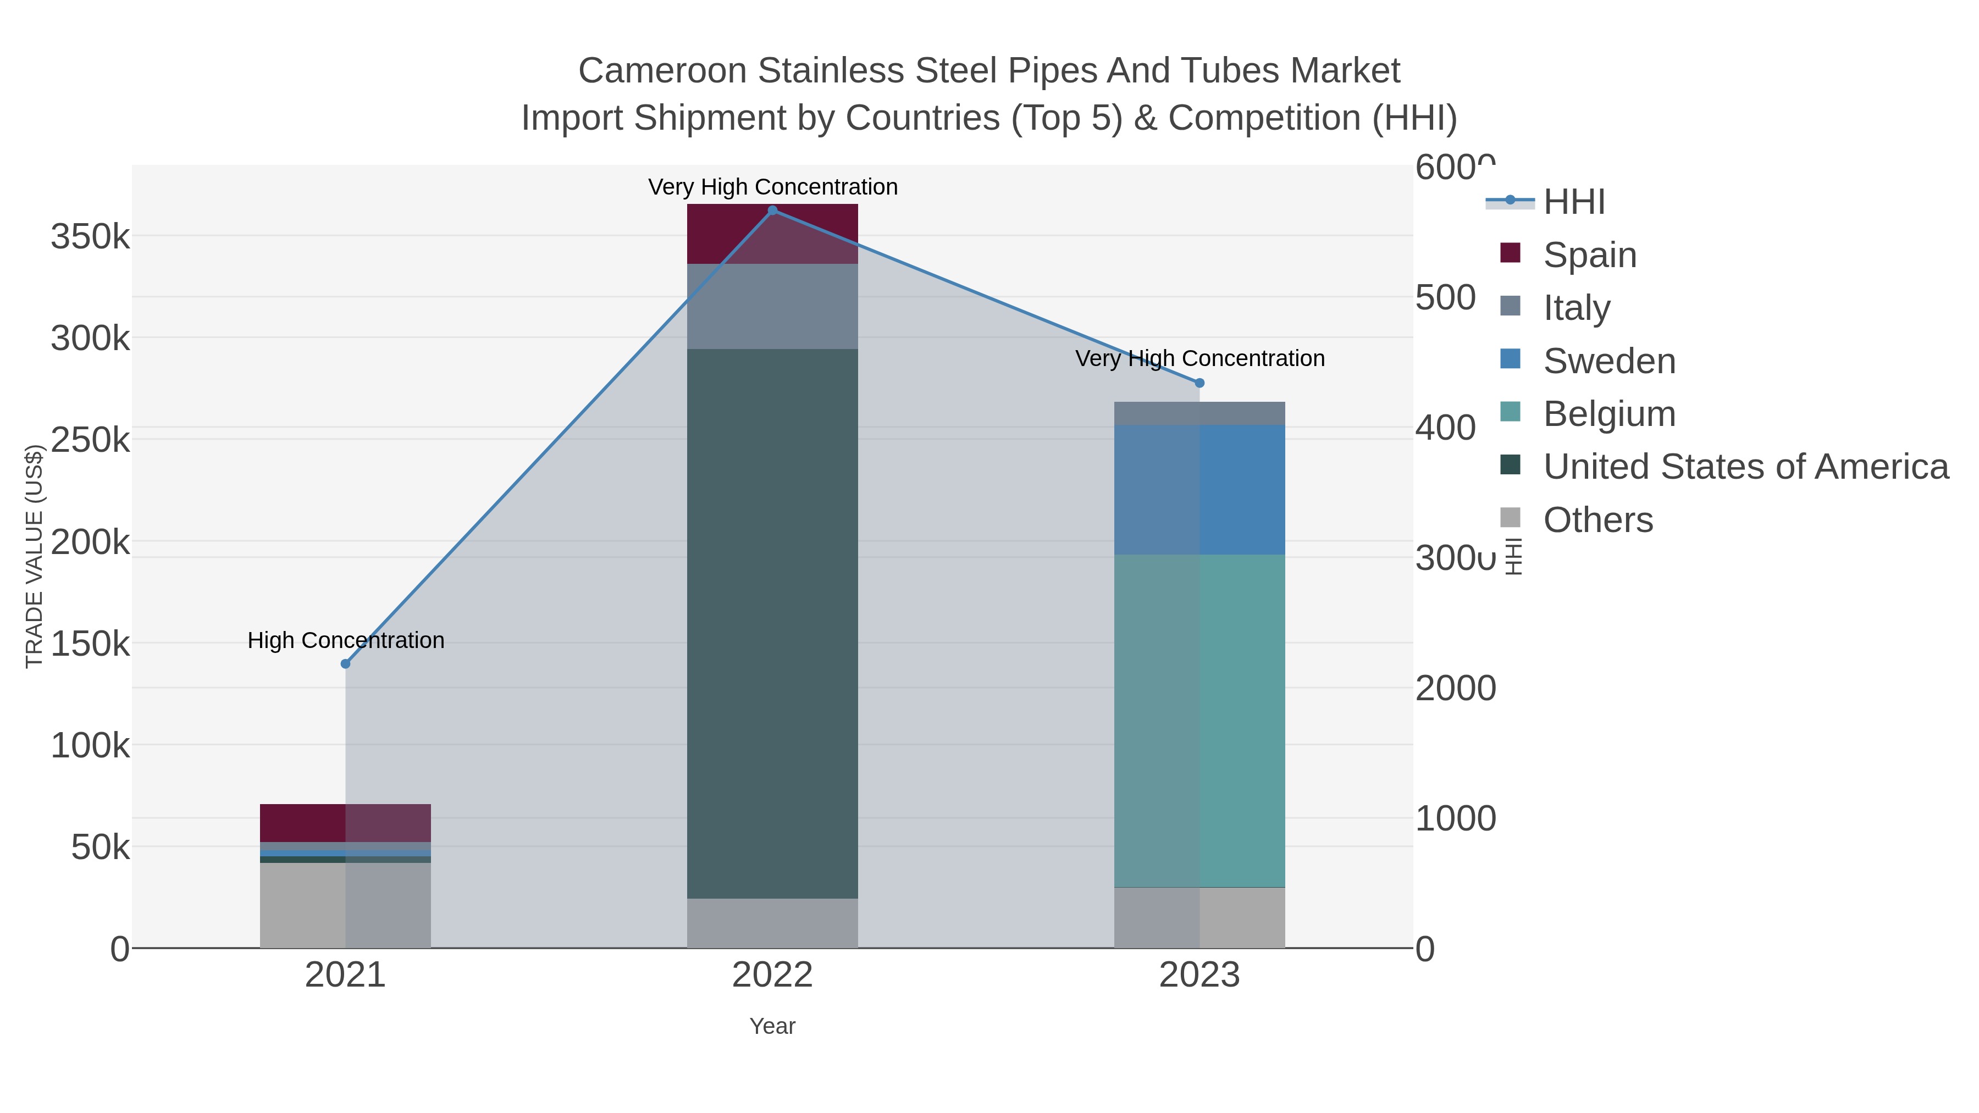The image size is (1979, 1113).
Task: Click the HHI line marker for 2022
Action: click(x=772, y=211)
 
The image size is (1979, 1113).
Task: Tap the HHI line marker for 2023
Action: click(x=1199, y=383)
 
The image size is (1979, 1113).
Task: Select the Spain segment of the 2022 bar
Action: click(x=772, y=234)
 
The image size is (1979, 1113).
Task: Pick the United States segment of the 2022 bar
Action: click(x=772, y=622)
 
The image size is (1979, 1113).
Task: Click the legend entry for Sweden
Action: click(x=1608, y=361)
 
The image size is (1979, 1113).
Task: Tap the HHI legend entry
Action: click(x=1573, y=202)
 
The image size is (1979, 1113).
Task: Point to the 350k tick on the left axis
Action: click(x=91, y=236)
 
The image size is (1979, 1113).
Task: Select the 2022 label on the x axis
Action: click(x=772, y=976)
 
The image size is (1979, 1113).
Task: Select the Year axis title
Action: click(x=772, y=1026)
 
